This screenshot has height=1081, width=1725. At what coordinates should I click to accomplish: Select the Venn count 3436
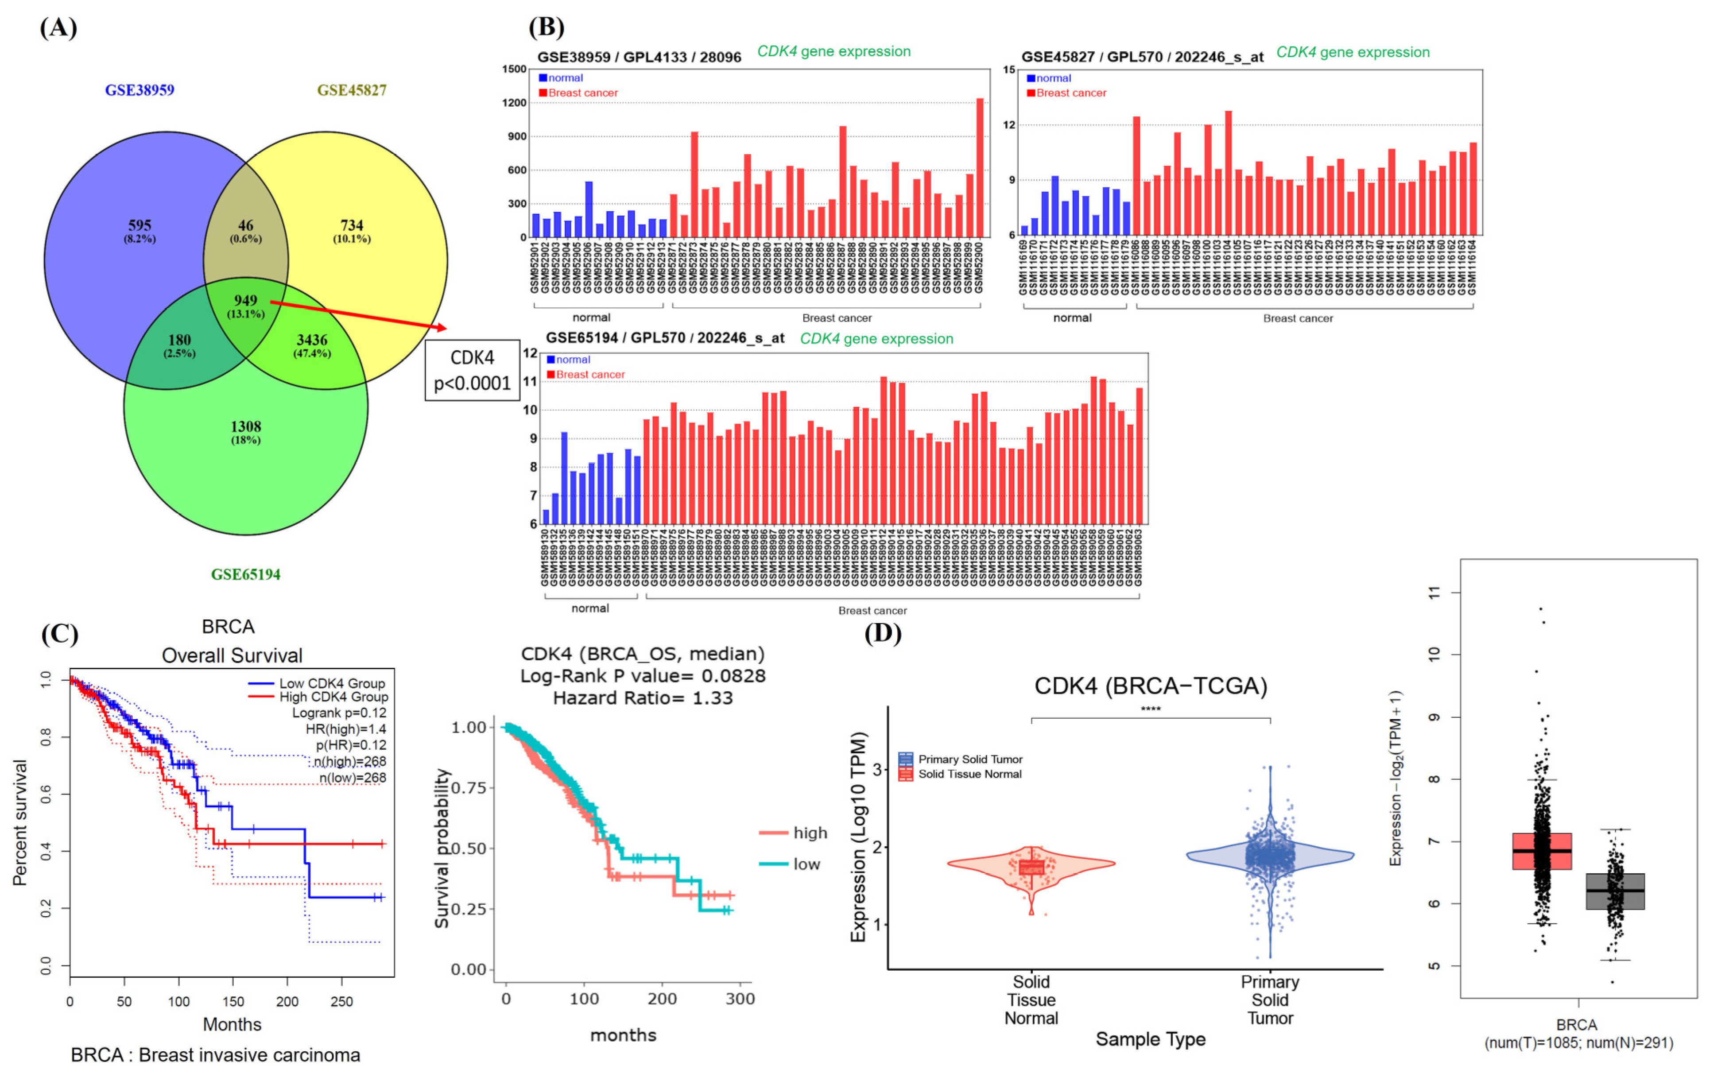pos(312,340)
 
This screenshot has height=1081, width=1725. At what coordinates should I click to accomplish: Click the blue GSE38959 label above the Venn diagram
pos(140,90)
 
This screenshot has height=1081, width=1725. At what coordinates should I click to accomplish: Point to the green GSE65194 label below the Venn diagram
pos(245,574)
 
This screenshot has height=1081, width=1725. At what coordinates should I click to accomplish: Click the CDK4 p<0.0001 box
pos(472,370)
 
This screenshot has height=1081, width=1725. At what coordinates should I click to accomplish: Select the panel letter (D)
pos(883,633)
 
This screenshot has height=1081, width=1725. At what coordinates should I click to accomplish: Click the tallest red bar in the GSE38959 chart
pos(979,167)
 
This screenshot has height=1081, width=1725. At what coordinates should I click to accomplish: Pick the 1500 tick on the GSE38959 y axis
pos(514,70)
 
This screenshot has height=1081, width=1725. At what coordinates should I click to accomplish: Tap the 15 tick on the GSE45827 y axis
pos(1009,70)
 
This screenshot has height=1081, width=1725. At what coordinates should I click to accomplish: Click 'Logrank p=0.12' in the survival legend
pos(339,713)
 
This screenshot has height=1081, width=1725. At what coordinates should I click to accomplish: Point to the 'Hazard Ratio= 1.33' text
pos(643,698)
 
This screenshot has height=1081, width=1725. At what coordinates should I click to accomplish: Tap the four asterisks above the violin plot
pos(1150,710)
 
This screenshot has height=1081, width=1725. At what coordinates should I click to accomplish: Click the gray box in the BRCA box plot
pos(1615,891)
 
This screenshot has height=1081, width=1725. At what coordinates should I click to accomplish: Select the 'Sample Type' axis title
pos(1150,1039)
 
